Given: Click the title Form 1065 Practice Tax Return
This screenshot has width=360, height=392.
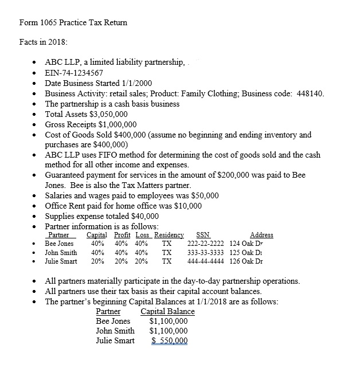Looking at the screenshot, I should pyautogui.click(x=73, y=23).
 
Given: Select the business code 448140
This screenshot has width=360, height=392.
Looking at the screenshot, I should pyautogui.click(x=307, y=93).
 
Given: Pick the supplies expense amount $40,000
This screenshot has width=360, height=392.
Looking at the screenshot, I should pyautogui.click(x=140, y=216).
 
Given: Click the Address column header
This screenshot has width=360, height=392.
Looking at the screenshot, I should pyautogui.click(x=261, y=235).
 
